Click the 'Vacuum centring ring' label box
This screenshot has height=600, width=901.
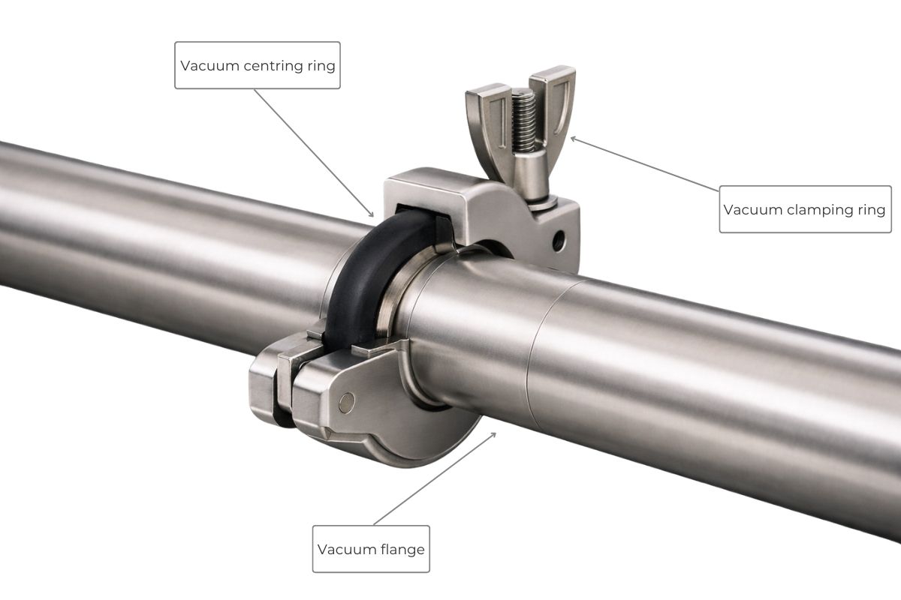258,65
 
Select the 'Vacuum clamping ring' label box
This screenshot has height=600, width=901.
805,209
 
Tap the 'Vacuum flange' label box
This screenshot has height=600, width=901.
371,549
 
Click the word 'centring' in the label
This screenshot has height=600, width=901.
274,65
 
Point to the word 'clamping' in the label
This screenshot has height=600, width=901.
821,210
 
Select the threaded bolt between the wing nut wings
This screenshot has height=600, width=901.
523,120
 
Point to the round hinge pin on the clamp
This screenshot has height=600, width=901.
346,403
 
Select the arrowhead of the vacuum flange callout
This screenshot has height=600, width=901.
496,433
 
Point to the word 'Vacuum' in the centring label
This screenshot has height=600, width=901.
209,65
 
